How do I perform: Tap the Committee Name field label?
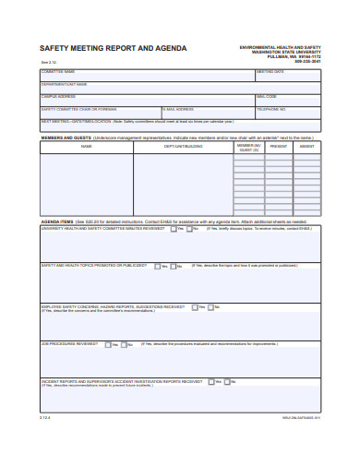click(57, 71)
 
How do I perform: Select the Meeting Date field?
click(289, 75)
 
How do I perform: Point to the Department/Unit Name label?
click(64, 84)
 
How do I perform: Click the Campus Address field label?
click(57, 96)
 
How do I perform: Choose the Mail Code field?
click(289, 100)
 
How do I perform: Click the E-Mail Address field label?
click(177, 108)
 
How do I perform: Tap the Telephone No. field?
click(289, 112)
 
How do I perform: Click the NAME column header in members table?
click(86, 146)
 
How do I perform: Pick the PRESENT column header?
click(278, 146)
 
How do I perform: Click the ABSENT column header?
click(307, 146)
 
